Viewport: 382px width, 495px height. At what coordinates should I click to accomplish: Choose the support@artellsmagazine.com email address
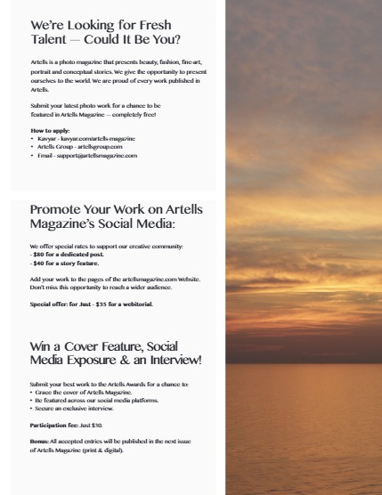(96, 156)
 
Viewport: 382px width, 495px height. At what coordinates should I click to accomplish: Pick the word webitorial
(134, 304)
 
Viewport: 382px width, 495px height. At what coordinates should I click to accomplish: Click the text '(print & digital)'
(106, 450)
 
